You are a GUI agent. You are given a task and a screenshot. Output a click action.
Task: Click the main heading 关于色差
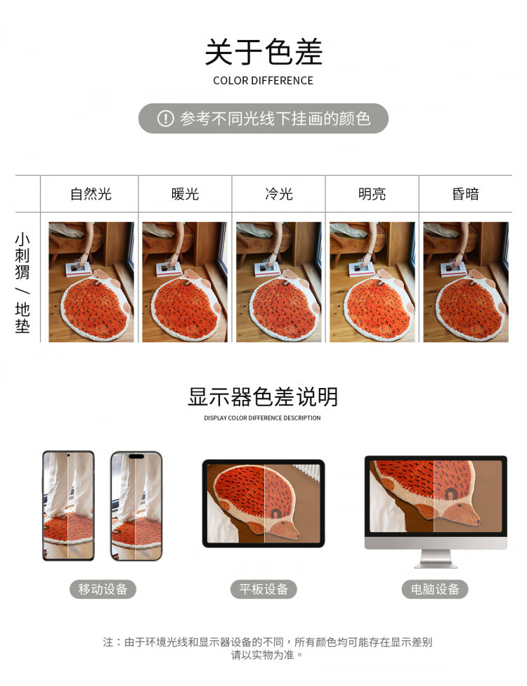point(263,51)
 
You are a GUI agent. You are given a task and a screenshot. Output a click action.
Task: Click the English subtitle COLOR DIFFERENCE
point(263,81)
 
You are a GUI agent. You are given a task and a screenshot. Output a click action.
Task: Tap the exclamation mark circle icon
point(165,119)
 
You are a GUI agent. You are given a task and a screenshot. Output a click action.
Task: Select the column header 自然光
point(91,194)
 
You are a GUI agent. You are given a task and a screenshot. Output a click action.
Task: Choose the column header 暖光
point(185,194)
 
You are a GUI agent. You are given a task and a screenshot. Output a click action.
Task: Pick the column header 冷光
point(278,194)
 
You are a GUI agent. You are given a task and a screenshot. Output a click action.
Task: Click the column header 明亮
point(372,194)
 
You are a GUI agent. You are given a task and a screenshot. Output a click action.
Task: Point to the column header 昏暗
point(466,194)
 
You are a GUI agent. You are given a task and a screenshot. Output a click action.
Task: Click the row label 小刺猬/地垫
point(22,283)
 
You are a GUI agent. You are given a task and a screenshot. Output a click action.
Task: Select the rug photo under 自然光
point(91,282)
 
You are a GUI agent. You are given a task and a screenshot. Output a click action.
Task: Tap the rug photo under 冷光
point(278,282)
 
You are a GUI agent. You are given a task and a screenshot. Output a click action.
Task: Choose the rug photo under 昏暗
point(466,282)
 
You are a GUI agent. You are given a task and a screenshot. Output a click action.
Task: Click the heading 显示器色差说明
point(263,397)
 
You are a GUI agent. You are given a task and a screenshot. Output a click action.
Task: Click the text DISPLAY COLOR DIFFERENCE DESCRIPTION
point(262,418)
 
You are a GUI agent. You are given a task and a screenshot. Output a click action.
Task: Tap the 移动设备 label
point(103,589)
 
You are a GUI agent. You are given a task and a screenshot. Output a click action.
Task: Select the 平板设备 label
point(263,589)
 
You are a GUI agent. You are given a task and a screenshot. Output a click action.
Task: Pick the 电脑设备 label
point(435,589)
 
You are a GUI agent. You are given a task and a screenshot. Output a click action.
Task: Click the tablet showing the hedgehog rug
point(263,503)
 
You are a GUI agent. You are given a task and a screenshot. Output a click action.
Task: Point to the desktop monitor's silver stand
point(436,559)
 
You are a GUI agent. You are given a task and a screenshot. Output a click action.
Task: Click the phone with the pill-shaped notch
point(136,506)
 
